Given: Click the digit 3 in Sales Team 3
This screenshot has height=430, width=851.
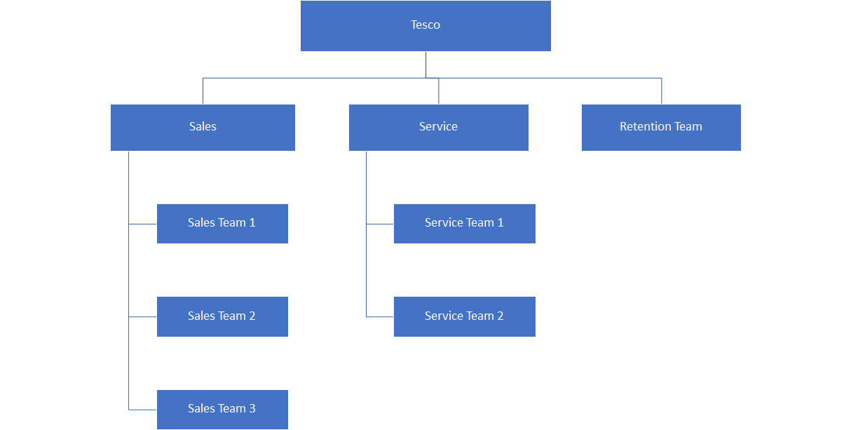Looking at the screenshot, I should [x=252, y=409].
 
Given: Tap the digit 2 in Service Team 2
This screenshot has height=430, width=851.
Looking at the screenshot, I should [x=500, y=316].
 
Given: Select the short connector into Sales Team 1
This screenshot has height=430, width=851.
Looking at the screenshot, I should [x=143, y=224].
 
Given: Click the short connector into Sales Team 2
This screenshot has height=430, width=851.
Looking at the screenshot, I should [x=143, y=317].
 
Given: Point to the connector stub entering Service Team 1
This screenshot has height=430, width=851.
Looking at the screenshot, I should [x=380, y=224].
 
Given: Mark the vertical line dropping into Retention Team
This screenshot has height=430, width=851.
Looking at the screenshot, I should [x=661, y=91].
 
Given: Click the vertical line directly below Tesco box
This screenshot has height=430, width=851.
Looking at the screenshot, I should [x=425, y=64].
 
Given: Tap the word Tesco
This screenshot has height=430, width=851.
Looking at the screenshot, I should [x=425, y=25].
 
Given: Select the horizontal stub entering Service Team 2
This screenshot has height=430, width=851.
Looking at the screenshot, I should [x=380, y=317].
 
